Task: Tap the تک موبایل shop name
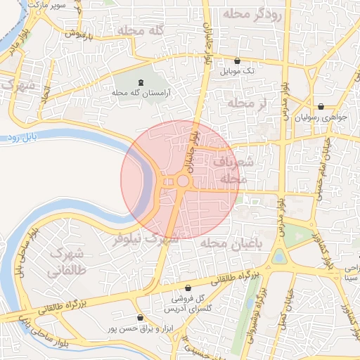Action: tap(236, 72)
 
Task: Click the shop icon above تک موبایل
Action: tap(236, 60)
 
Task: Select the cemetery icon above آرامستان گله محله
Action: tap(141, 82)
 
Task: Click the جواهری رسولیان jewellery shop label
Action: tap(326, 118)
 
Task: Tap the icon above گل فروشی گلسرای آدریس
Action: tap(188, 288)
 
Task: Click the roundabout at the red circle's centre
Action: tap(182, 181)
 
